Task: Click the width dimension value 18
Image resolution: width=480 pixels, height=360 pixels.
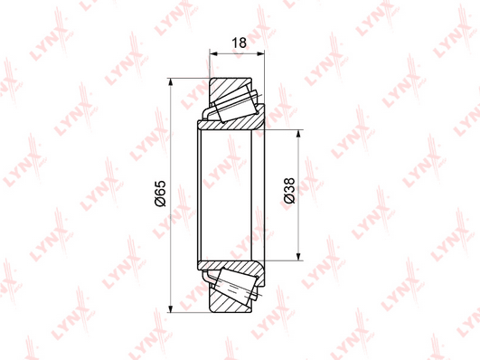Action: (239, 43)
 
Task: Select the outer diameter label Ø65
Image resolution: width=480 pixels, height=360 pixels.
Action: (160, 194)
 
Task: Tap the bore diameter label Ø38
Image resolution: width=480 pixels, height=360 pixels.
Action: (289, 191)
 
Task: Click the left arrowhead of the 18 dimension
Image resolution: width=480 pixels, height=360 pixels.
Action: (213, 54)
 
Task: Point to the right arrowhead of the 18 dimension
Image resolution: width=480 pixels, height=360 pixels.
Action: (260, 54)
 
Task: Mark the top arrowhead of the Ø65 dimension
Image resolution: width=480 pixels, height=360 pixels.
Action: (171, 82)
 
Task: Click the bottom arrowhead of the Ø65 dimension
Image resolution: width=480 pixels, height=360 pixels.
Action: (171, 308)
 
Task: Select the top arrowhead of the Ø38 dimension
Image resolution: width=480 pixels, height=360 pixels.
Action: (298, 134)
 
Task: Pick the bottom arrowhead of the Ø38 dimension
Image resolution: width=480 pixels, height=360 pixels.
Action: (298, 257)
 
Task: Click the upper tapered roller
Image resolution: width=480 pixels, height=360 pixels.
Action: (236, 102)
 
